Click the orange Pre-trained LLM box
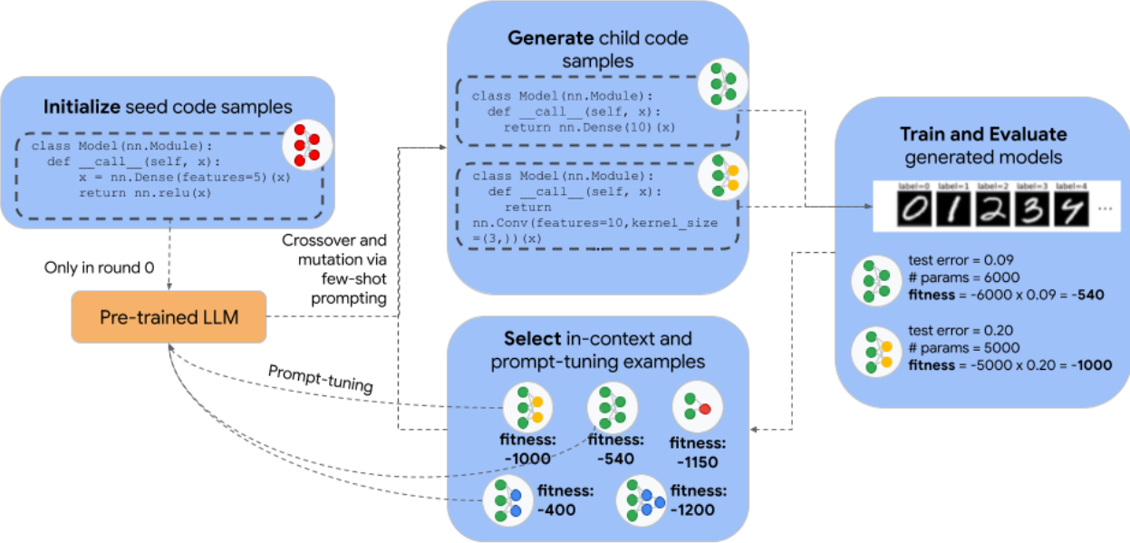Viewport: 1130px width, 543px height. (x=169, y=317)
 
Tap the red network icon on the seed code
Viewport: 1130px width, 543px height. (x=306, y=145)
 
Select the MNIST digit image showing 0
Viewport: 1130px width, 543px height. (x=913, y=208)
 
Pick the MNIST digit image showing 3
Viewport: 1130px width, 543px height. (x=1031, y=208)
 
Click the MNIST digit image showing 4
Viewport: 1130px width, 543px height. (x=1071, y=208)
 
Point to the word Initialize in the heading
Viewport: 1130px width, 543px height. (x=82, y=107)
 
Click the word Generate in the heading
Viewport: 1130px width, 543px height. (x=550, y=38)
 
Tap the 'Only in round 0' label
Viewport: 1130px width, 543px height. (x=99, y=267)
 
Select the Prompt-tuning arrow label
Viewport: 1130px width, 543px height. (x=321, y=379)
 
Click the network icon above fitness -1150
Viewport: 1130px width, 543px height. (x=698, y=406)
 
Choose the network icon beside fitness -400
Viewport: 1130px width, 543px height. (x=508, y=500)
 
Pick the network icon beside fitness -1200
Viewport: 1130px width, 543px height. (x=642, y=500)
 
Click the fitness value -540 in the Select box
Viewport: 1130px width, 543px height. (x=615, y=459)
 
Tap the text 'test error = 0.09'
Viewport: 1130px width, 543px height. (x=961, y=260)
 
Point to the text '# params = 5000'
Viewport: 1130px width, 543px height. (x=964, y=348)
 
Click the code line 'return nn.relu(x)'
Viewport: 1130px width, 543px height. (x=145, y=193)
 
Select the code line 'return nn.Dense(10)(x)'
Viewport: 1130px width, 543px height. (x=589, y=127)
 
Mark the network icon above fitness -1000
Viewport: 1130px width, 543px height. (x=527, y=407)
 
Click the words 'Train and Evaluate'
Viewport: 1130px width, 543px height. (x=984, y=134)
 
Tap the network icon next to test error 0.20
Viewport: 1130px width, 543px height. (x=877, y=352)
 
